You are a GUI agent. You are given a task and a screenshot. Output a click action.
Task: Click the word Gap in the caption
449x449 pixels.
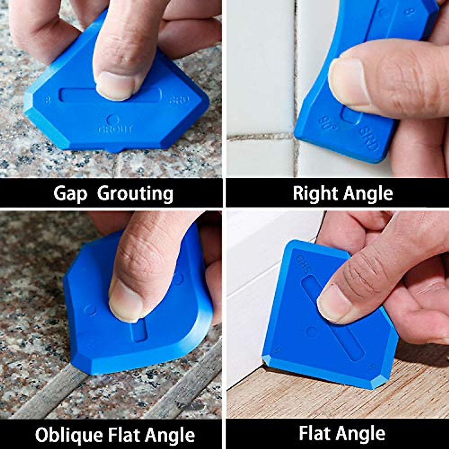pos(70,194)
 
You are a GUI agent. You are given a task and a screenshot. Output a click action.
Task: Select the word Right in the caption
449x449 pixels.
pos(311,193)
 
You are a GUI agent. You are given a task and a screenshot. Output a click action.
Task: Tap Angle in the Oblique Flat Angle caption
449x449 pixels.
pos(170,435)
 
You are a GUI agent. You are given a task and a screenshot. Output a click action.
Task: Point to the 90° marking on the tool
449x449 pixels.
pos(327,122)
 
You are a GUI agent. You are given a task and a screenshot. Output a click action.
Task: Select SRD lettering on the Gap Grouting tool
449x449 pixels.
pos(179,100)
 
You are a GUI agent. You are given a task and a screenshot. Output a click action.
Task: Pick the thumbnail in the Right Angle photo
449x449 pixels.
pos(346,82)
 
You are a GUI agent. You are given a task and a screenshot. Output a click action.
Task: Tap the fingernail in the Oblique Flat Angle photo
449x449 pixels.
pos(125,300)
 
